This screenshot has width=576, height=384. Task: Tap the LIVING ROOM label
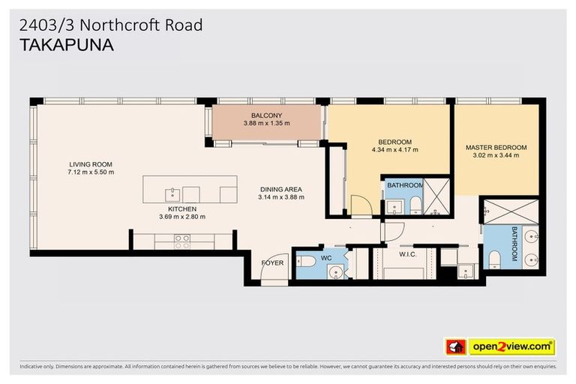pos(91,164)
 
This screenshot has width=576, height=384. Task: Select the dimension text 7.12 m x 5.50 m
pos(91,172)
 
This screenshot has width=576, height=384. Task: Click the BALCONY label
pos(266,115)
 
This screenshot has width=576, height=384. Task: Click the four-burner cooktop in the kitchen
pos(181,240)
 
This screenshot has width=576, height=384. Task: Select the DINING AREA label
pos(281,189)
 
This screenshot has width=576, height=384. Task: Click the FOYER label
pos(271,263)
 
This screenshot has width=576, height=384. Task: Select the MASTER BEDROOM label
pos(496,148)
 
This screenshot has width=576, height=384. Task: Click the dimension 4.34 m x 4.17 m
pos(394,150)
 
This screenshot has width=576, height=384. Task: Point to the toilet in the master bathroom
pos(494,259)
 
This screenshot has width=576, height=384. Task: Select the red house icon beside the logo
pos(454,347)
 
